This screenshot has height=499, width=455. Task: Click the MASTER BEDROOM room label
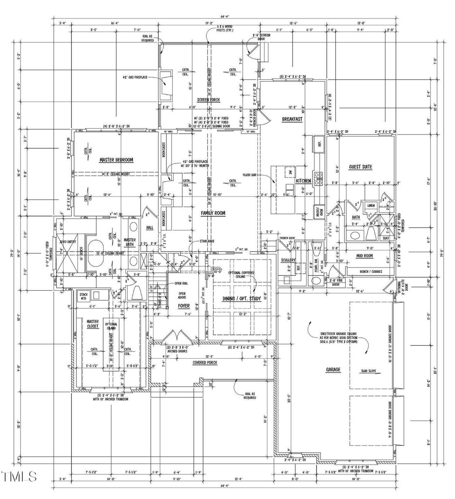pos(116,160)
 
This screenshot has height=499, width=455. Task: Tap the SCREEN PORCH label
pos(208,100)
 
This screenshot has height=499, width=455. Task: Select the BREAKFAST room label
pos(292,119)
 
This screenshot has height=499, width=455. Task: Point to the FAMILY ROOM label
pos(213,213)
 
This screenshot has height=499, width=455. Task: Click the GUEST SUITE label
pos(360,167)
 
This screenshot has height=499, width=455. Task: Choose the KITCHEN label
pos(303,181)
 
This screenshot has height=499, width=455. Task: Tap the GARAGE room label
pos(333,370)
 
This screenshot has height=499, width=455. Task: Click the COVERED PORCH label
pos(205,363)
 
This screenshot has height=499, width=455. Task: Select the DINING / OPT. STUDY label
pos(242,299)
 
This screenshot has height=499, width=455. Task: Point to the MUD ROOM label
pos(364,256)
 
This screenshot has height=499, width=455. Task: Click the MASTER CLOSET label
pos(93,324)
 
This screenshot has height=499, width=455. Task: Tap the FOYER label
pos(184,306)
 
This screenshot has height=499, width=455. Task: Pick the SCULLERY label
pos(288,260)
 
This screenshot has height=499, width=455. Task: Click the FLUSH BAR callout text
pos(250,175)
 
